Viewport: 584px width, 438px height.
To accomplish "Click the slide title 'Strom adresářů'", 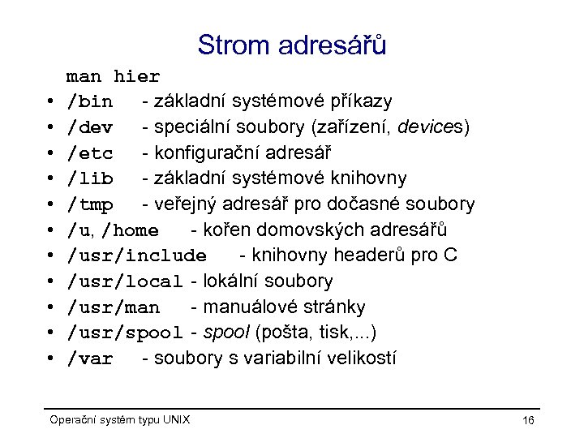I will tap(291, 45).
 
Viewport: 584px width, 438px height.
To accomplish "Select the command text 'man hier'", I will tap(113, 77).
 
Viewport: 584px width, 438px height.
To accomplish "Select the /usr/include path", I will tap(136, 256).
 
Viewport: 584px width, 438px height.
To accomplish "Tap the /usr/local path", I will tap(125, 282).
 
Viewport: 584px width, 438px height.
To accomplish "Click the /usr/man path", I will tap(113, 307).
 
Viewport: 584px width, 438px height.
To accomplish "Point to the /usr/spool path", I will tap(125, 333).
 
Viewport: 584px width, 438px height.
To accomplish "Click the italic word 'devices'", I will tap(436, 127).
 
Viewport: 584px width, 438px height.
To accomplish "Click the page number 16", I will tap(528, 420).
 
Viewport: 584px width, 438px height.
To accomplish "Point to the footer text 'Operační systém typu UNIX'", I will tap(120, 419).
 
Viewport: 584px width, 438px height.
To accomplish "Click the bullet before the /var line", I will tap(49, 359).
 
